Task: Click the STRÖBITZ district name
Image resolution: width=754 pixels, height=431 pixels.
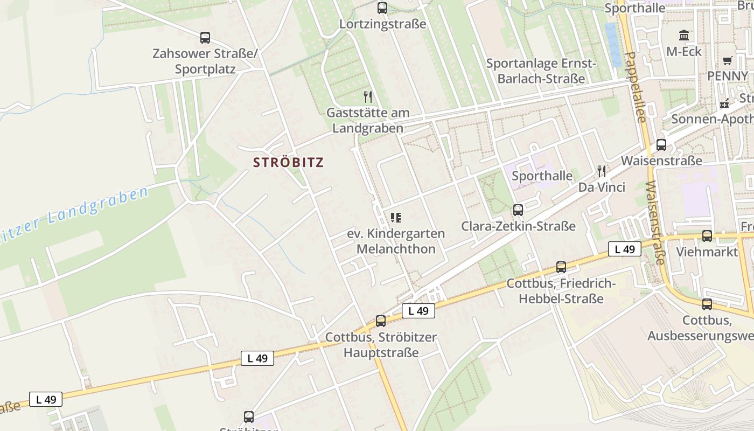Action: (x=288, y=162)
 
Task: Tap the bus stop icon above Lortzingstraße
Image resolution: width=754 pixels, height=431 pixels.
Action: (x=382, y=8)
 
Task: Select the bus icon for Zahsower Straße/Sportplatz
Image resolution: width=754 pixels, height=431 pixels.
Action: (x=205, y=38)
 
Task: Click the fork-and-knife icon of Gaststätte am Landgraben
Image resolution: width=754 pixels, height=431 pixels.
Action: (x=368, y=97)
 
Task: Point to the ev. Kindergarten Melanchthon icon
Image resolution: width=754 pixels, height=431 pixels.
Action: (x=396, y=218)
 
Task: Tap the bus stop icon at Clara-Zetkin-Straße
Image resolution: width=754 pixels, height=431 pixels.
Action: (x=518, y=210)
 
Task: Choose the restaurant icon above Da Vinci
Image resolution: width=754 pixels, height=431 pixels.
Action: (x=602, y=171)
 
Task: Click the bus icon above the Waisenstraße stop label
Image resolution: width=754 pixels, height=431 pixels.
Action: (x=661, y=145)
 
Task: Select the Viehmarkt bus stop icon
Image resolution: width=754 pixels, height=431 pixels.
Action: (x=707, y=236)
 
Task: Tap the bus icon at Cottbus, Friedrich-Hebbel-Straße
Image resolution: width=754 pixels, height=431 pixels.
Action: (x=561, y=267)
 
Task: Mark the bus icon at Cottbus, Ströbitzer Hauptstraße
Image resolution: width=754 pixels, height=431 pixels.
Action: (x=381, y=321)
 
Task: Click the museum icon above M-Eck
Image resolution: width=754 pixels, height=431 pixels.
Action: (x=684, y=36)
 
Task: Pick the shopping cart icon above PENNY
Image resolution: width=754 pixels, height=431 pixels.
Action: (x=728, y=60)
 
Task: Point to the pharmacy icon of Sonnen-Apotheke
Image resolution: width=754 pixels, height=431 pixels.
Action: (x=724, y=103)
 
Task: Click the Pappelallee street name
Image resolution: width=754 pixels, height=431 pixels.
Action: (x=635, y=86)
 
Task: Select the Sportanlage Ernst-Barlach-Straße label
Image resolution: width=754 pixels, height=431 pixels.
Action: (x=541, y=71)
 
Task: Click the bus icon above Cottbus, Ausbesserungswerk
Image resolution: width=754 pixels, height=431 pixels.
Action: (x=707, y=304)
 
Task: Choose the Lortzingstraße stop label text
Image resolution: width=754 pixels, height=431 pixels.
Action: (x=382, y=24)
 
